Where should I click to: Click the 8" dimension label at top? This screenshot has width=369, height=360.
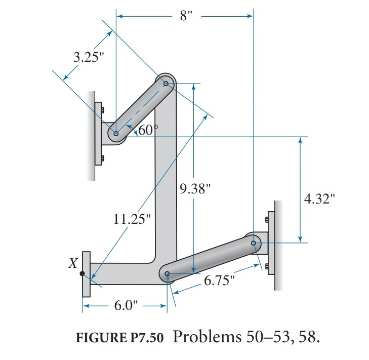coord(186,16)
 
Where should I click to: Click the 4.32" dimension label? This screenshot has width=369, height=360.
coord(320,198)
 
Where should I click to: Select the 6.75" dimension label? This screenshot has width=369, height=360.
coord(220,280)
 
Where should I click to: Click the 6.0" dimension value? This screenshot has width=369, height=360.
coord(125,306)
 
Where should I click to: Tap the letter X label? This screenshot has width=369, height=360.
coord(73,263)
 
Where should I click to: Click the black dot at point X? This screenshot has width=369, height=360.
coord(83,274)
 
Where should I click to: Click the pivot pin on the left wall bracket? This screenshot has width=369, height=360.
coord(116,134)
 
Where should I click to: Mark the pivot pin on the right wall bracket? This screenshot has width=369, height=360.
coord(254,243)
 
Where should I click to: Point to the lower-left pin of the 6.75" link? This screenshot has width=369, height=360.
coord(168,274)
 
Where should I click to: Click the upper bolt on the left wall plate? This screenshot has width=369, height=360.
coord(103,110)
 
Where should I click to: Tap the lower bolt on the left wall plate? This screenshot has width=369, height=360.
coord(103,158)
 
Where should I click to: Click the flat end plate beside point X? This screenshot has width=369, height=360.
coord(86,274)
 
